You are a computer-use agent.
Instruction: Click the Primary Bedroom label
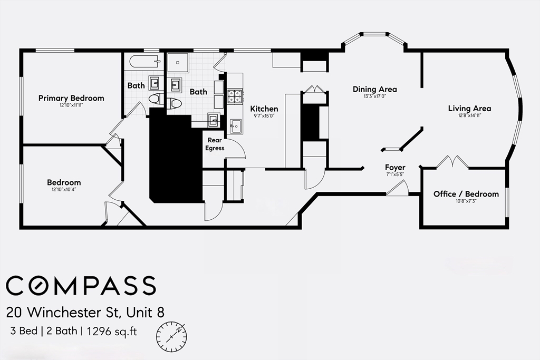tap(71, 98)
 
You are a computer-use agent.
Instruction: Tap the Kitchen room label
tap(264, 109)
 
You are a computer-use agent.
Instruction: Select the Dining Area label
tap(375, 90)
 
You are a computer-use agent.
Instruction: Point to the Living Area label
tap(470, 109)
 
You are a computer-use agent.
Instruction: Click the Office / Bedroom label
tap(466, 194)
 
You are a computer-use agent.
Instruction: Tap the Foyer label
tap(395, 168)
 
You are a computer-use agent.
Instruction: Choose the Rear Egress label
tap(215, 144)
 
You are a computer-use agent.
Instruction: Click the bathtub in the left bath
tap(144, 62)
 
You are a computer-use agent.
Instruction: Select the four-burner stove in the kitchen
tap(235, 96)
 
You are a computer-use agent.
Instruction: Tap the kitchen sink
tap(236, 126)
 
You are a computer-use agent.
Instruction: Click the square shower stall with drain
tap(178, 63)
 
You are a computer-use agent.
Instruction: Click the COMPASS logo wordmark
tap(81, 285)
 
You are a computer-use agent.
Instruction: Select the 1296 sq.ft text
tap(112, 332)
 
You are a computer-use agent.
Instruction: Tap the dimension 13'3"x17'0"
tap(375, 96)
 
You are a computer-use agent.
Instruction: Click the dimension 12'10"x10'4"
tap(64, 189)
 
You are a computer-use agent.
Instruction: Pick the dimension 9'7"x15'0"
tap(264, 115)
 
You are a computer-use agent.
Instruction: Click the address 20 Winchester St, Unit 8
tap(85, 312)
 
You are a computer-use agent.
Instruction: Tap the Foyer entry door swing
tap(398, 188)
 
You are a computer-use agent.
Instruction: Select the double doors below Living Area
tap(452, 162)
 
